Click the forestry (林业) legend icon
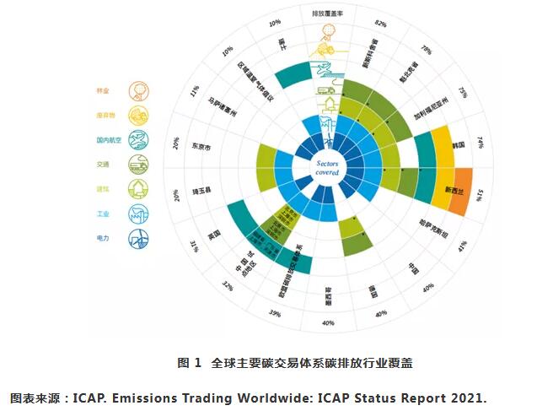(134, 90)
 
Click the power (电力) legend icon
(134, 239)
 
